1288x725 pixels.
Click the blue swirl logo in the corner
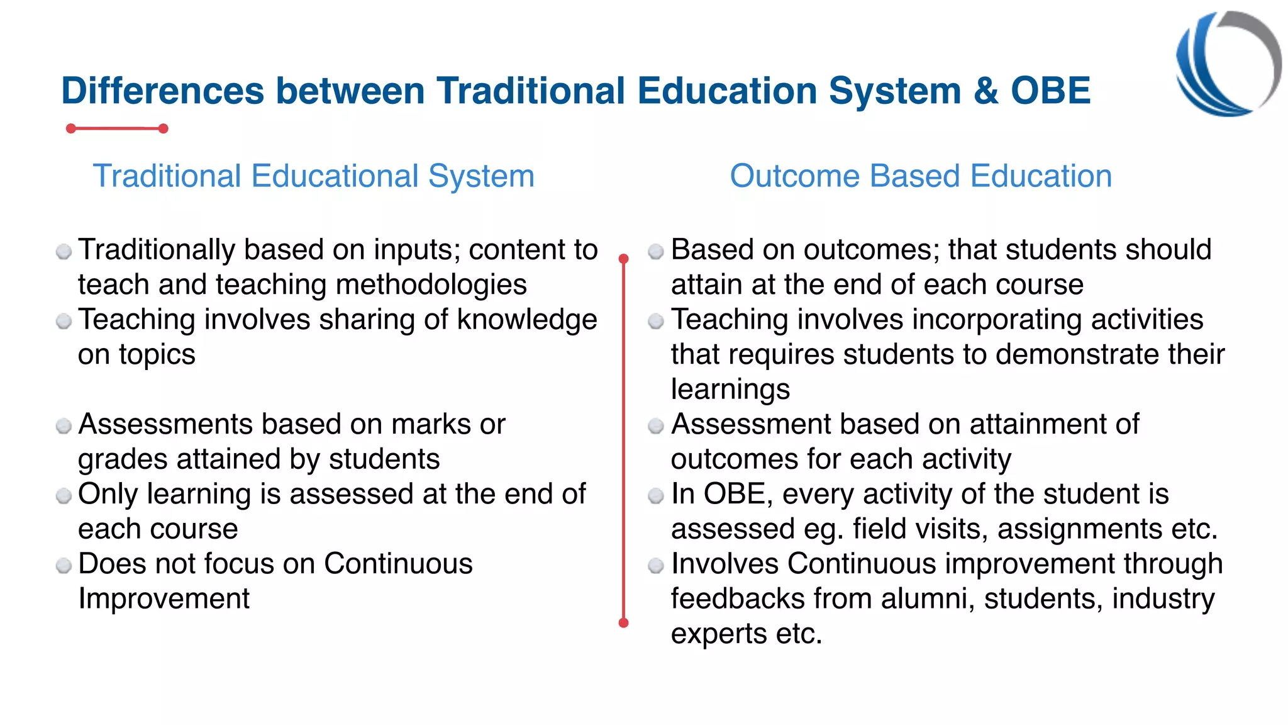pyautogui.click(x=1227, y=64)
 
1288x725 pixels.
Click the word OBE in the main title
pyautogui.click(x=1050, y=91)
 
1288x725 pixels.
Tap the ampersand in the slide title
pyautogui.click(x=985, y=91)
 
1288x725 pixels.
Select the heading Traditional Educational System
pyautogui.click(x=313, y=176)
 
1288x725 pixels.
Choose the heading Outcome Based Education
pyautogui.click(x=921, y=176)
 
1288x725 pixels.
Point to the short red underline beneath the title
pyautogui.click(x=117, y=128)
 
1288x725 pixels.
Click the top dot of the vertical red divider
pyautogui.click(x=623, y=259)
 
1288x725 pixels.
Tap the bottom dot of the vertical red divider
pyautogui.click(x=623, y=623)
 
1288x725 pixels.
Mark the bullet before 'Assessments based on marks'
pyautogui.click(x=64, y=426)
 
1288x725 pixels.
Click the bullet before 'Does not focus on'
pyautogui.click(x=64, y=565)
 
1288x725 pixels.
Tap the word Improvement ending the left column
pyautogui.click(x=164, y=599)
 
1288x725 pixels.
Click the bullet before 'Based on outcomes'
pyautogui.click(x=656, y=252)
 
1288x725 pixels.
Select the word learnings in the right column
pyautogui.click(x=730, y=390)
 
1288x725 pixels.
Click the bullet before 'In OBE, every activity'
pyautogui.click(x=656, y=496)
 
